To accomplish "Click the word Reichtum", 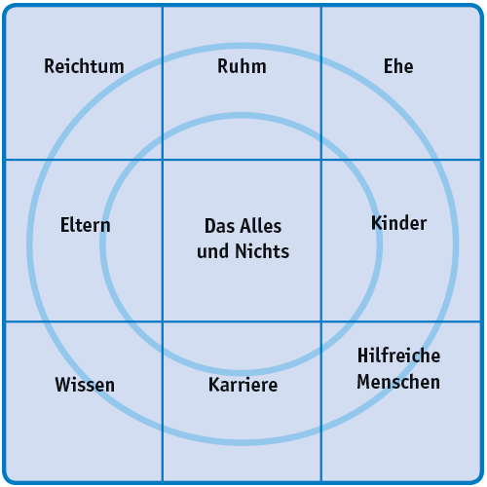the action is click(84, 66).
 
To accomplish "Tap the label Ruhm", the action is click(242, 66).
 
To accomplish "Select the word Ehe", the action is click(398, 66).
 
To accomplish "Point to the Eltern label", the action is click(86, 225).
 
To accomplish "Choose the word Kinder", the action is click(399, 223).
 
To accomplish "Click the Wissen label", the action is click(85, 385).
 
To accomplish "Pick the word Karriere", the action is click(243, 385).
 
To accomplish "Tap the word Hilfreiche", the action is click(399, 356).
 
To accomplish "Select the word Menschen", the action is click(398, 382).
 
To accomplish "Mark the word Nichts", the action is click(262, 251).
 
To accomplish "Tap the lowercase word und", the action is click(214, 252).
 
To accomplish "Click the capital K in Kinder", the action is click(376, 223).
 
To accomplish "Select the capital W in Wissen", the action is click(63, 385).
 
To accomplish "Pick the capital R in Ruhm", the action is click(223, 66).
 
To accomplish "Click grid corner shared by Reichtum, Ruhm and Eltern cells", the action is click(163, 160).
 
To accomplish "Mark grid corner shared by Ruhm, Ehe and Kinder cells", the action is click(321, 160).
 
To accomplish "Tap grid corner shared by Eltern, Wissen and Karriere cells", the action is click(163, 321).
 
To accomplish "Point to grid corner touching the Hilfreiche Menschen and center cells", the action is click(321, 321).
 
